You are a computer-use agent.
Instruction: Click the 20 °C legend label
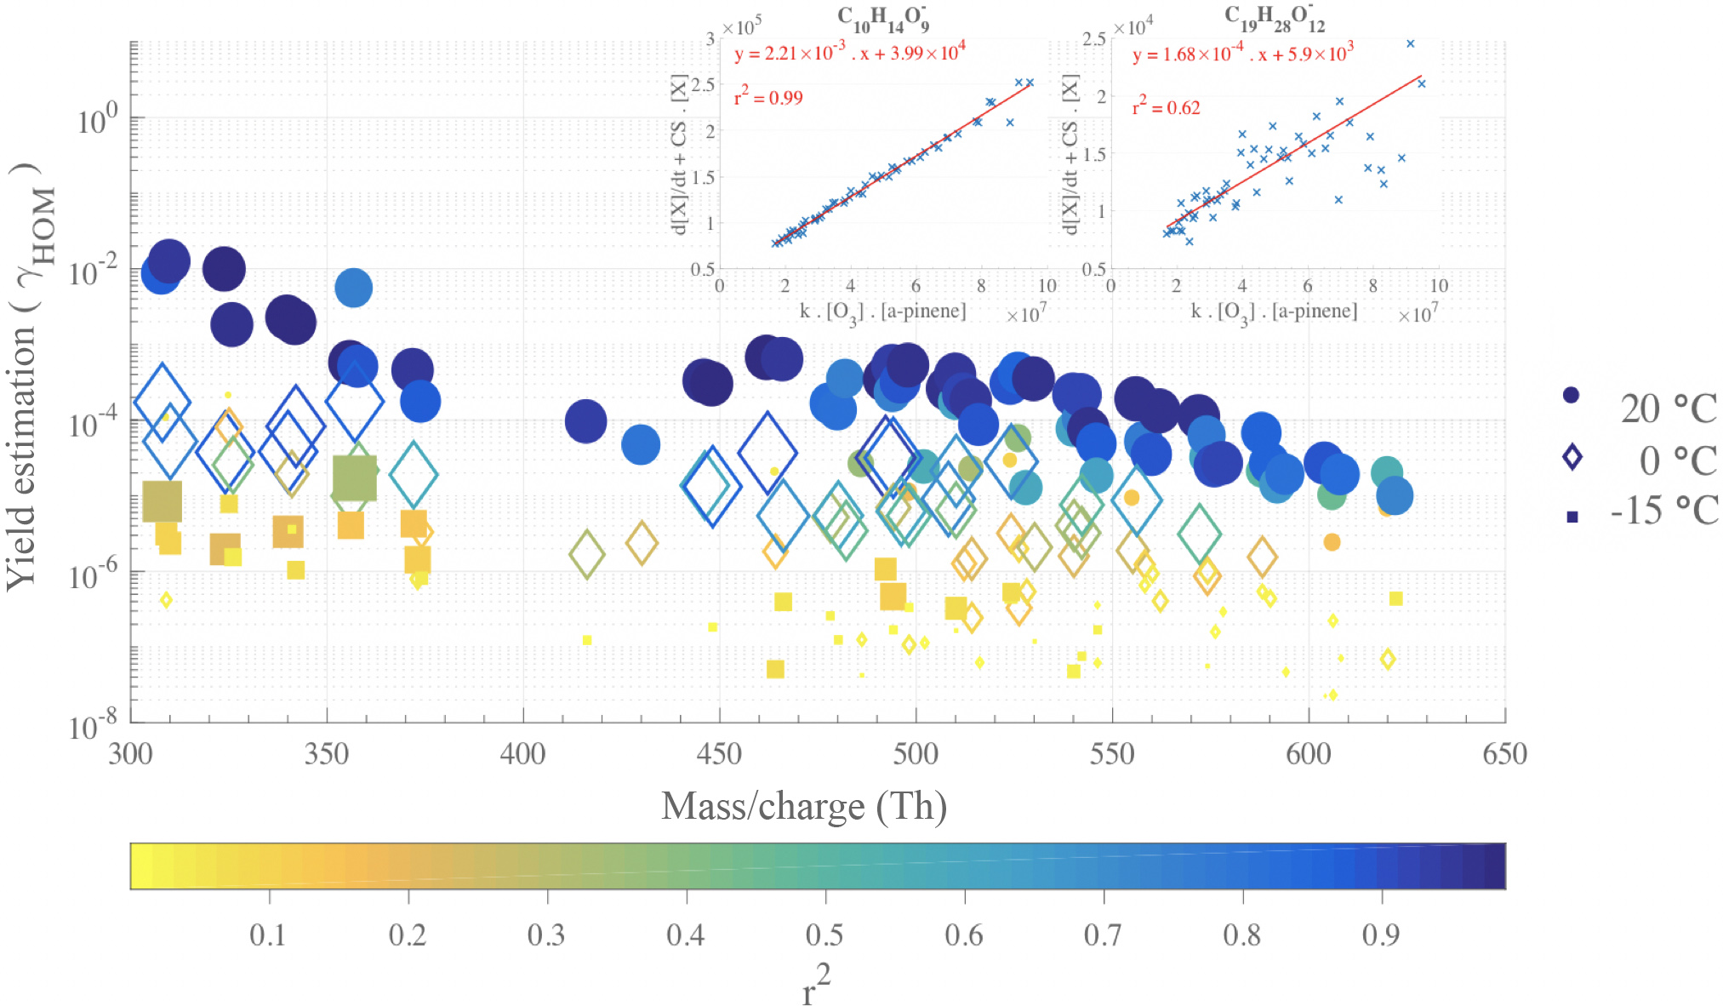pyautogui.click(x=1668, y=409)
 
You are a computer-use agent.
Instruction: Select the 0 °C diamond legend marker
pyautogui.click(x=1572, y=458)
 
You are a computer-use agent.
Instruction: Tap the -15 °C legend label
pyautogui.click(x=1664, y=511)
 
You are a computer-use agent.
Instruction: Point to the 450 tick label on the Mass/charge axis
pyautogui.click(x=719, y=754)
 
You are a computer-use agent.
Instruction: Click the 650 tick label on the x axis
pyautogui.click(x=1503, y=754)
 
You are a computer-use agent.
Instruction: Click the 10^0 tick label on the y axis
pyautogui.click(x=97, y=120)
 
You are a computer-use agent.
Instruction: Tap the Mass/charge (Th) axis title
pyautogui.click(x=804, y=806)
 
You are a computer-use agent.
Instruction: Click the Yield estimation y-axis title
pyautogui.click(x=31, y=374)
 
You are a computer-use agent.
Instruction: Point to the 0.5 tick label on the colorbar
pyautogui.click(x=824, y=935)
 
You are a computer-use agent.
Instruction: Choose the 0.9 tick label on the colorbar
pyautogui.click(x=1380, y=935)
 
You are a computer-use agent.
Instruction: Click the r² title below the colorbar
pyautogui.click(x=816, y=986)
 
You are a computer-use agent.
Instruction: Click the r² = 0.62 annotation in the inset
pyautogui.click(x=1166, y=106)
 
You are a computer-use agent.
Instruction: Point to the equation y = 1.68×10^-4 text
pyautogui.click(x=1242, y=54)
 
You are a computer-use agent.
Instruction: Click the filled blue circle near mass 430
pyautogui.click(x=641, y=444)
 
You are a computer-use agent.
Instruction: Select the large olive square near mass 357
pyautogui.click(x=355, y=477)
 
